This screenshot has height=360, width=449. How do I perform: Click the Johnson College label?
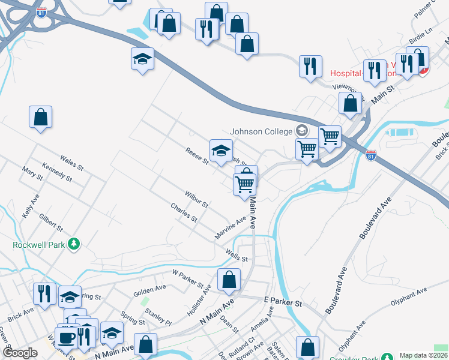tap(261, 131)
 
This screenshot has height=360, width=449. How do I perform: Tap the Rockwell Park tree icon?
tap(74, 244)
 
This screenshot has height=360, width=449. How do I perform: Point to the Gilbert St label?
tap(51, 221)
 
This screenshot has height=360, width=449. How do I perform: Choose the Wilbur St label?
tap(196, 200)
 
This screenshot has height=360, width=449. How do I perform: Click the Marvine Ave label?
tap(231, 229)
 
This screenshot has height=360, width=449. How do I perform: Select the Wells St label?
tap(237, 255)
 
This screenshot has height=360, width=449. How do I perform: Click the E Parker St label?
tap(282, 302)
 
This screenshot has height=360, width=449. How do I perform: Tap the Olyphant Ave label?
tap(409, 297)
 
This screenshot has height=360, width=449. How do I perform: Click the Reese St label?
tap(196, 157)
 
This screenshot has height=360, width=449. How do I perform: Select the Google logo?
tap(20, 353)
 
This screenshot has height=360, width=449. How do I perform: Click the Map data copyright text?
tap(423, 355)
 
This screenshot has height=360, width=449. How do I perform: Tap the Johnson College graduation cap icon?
tap(301, 131)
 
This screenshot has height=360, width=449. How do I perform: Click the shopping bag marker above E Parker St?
tap(229, 279)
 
